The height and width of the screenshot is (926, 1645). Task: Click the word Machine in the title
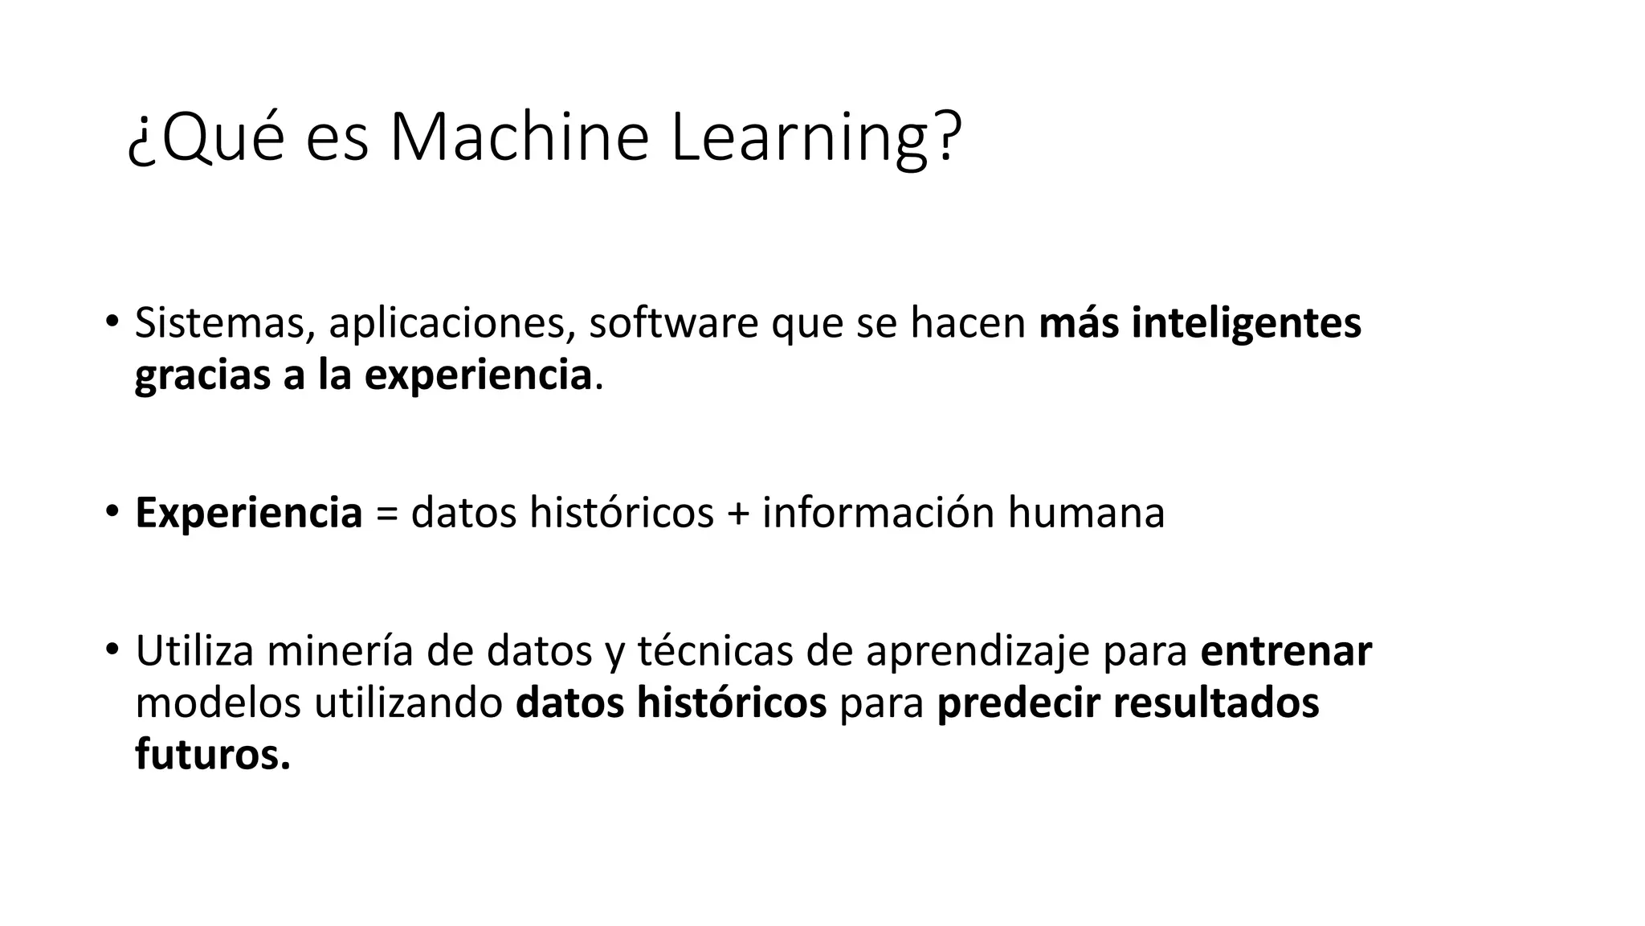pos(519,137)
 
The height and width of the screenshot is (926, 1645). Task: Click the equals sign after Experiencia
pos(386,514)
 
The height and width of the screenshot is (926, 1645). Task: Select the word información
pos(879,512)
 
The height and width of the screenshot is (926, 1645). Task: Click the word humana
pos(1086,512)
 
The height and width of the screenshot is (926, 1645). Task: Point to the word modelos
pos(218,702)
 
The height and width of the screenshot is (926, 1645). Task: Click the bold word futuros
pos(212,754)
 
